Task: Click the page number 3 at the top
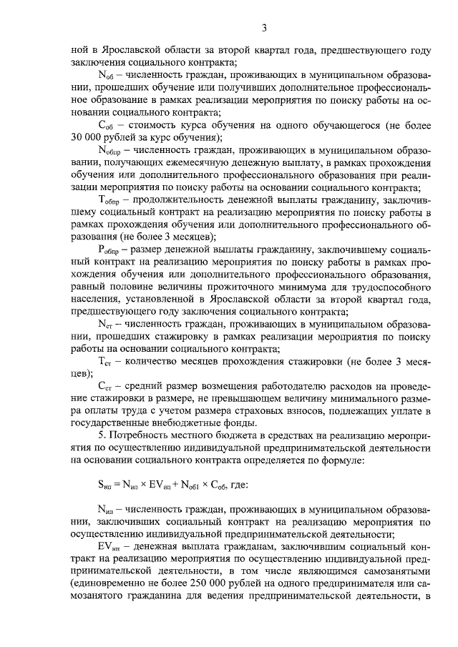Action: point(264,28)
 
